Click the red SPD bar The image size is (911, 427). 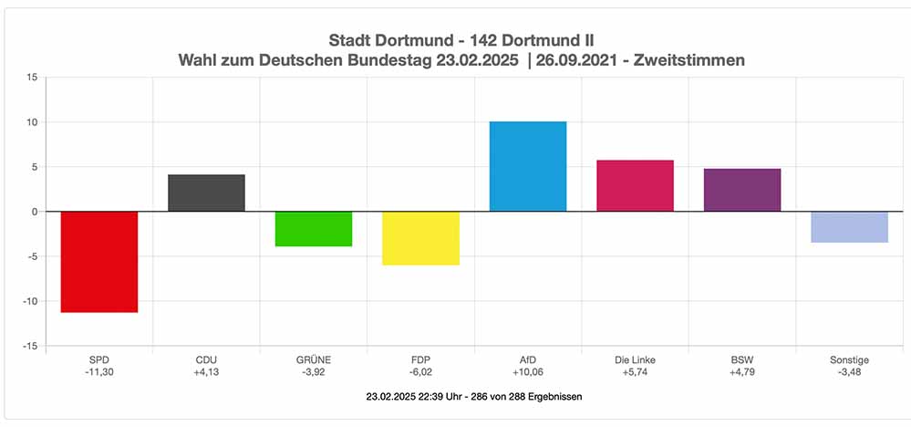[99, 262]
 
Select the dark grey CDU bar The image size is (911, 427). [206, 193]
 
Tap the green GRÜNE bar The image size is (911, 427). [314, 229]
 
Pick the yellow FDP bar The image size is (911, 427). [420, 238]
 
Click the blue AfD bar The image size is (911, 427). [528, 167]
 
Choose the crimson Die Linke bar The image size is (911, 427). [635, 186]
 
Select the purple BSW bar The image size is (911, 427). [742, 190]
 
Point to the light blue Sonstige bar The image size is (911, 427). [849, 227]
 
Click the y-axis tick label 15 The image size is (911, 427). [31, 78]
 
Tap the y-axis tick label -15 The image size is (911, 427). [29, 347]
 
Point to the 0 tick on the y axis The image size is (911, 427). [34, 212]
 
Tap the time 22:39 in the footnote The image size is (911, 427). [433, 397]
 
